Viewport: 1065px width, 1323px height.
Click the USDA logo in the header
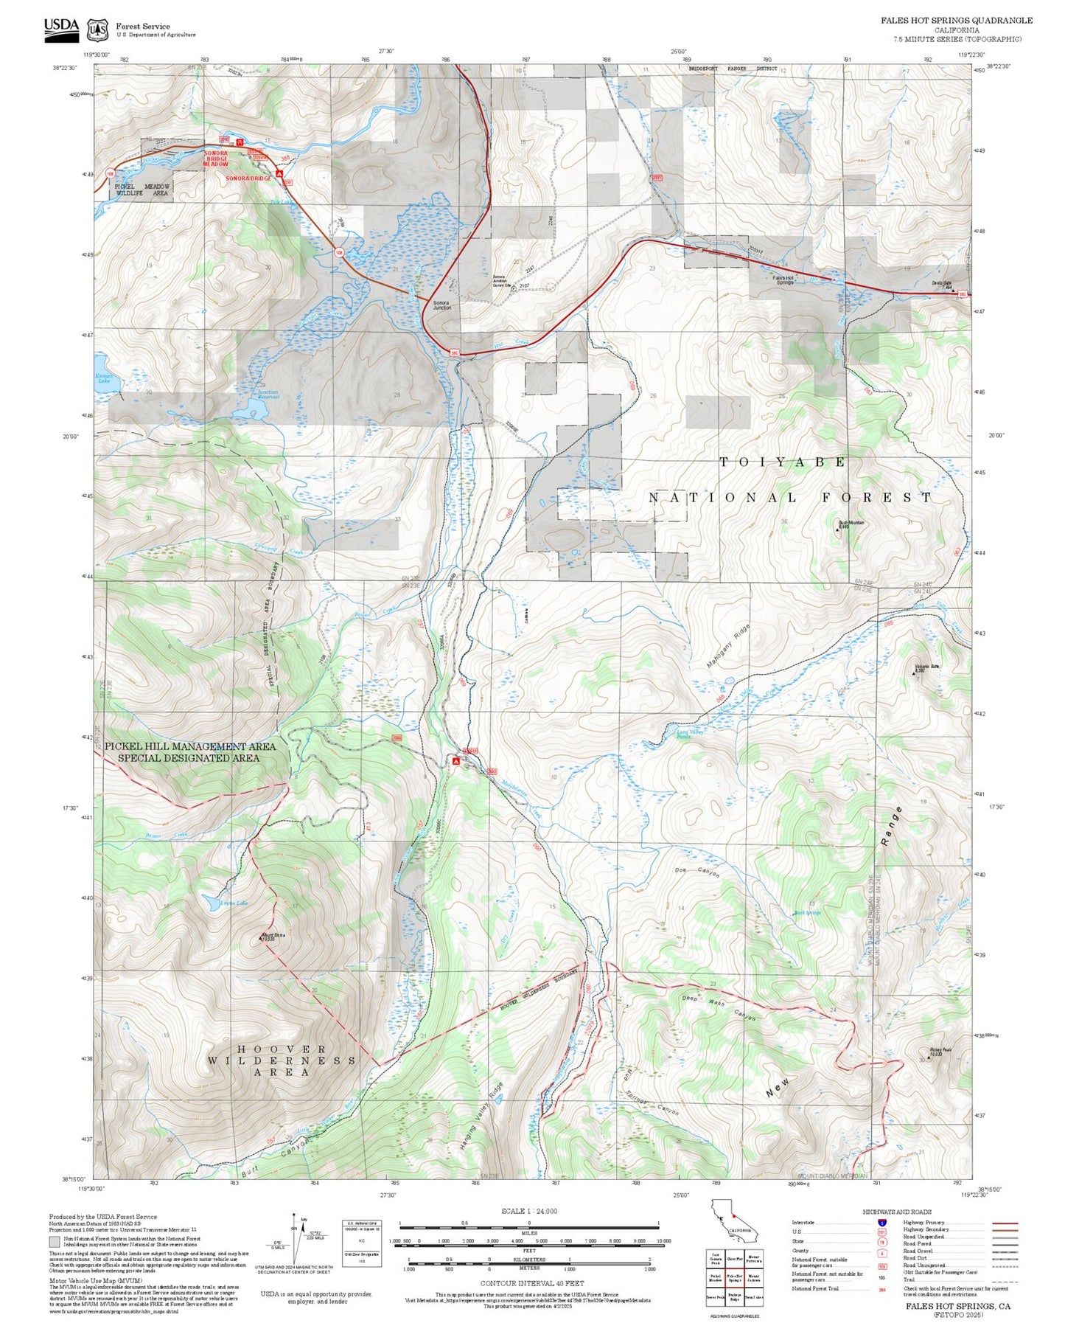(x=61, y=28)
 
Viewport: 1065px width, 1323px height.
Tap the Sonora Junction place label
(x=441, y=305)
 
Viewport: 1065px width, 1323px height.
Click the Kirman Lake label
(x=104, y=378)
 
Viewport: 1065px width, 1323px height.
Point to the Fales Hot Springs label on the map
(x=783, y=279)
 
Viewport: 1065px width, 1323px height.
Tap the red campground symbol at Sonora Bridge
(x=279, y=173)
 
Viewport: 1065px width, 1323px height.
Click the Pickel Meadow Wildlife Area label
(x=142, y=190)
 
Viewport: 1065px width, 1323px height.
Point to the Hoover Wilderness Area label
(x=282, y=1060)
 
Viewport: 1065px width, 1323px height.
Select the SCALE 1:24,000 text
(x=529, y=1211)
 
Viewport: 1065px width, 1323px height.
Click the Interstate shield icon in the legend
(x=881, y=1223)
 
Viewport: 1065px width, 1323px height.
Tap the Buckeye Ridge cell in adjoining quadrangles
(x=734, y=1297)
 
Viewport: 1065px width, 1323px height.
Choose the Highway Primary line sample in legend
(x=1005, y=1223)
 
